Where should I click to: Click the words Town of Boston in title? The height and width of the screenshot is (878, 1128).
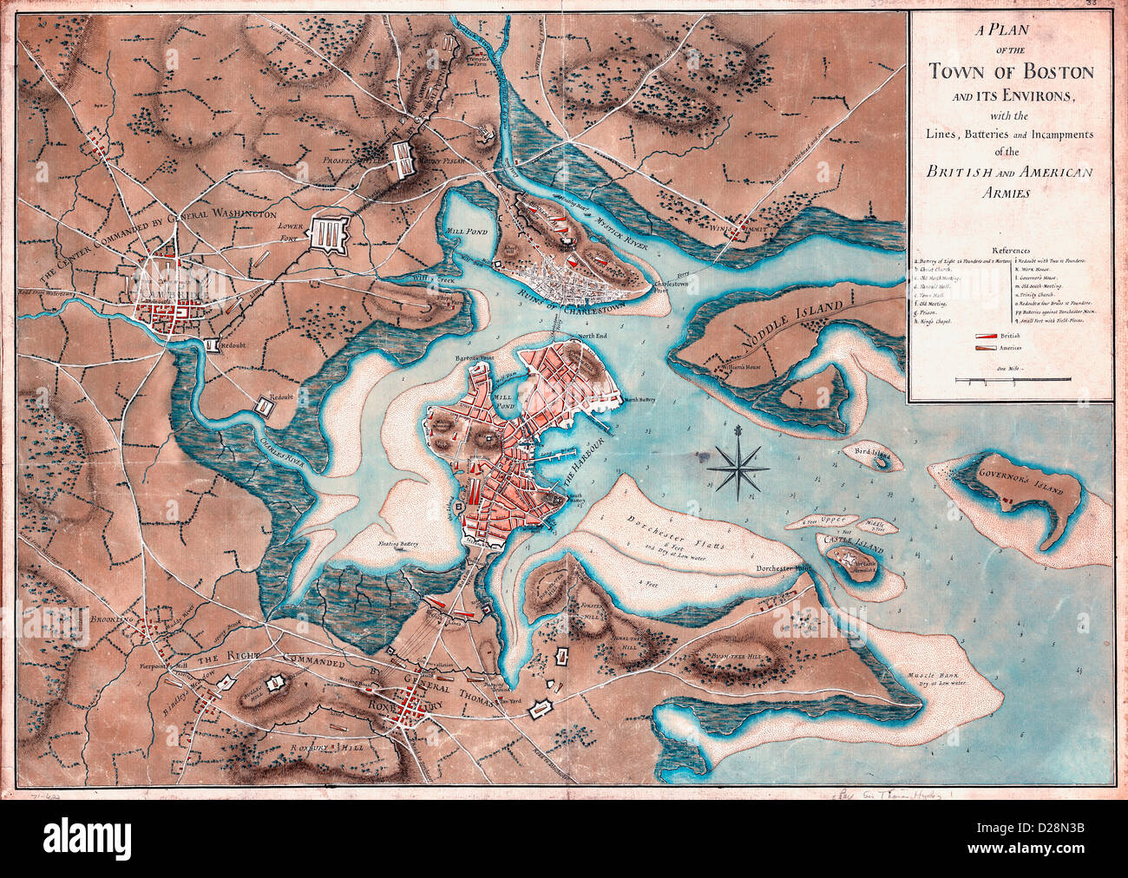point(1011,71)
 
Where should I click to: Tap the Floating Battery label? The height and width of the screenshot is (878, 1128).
point(397,544)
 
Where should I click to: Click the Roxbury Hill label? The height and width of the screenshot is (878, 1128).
point(318,744)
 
